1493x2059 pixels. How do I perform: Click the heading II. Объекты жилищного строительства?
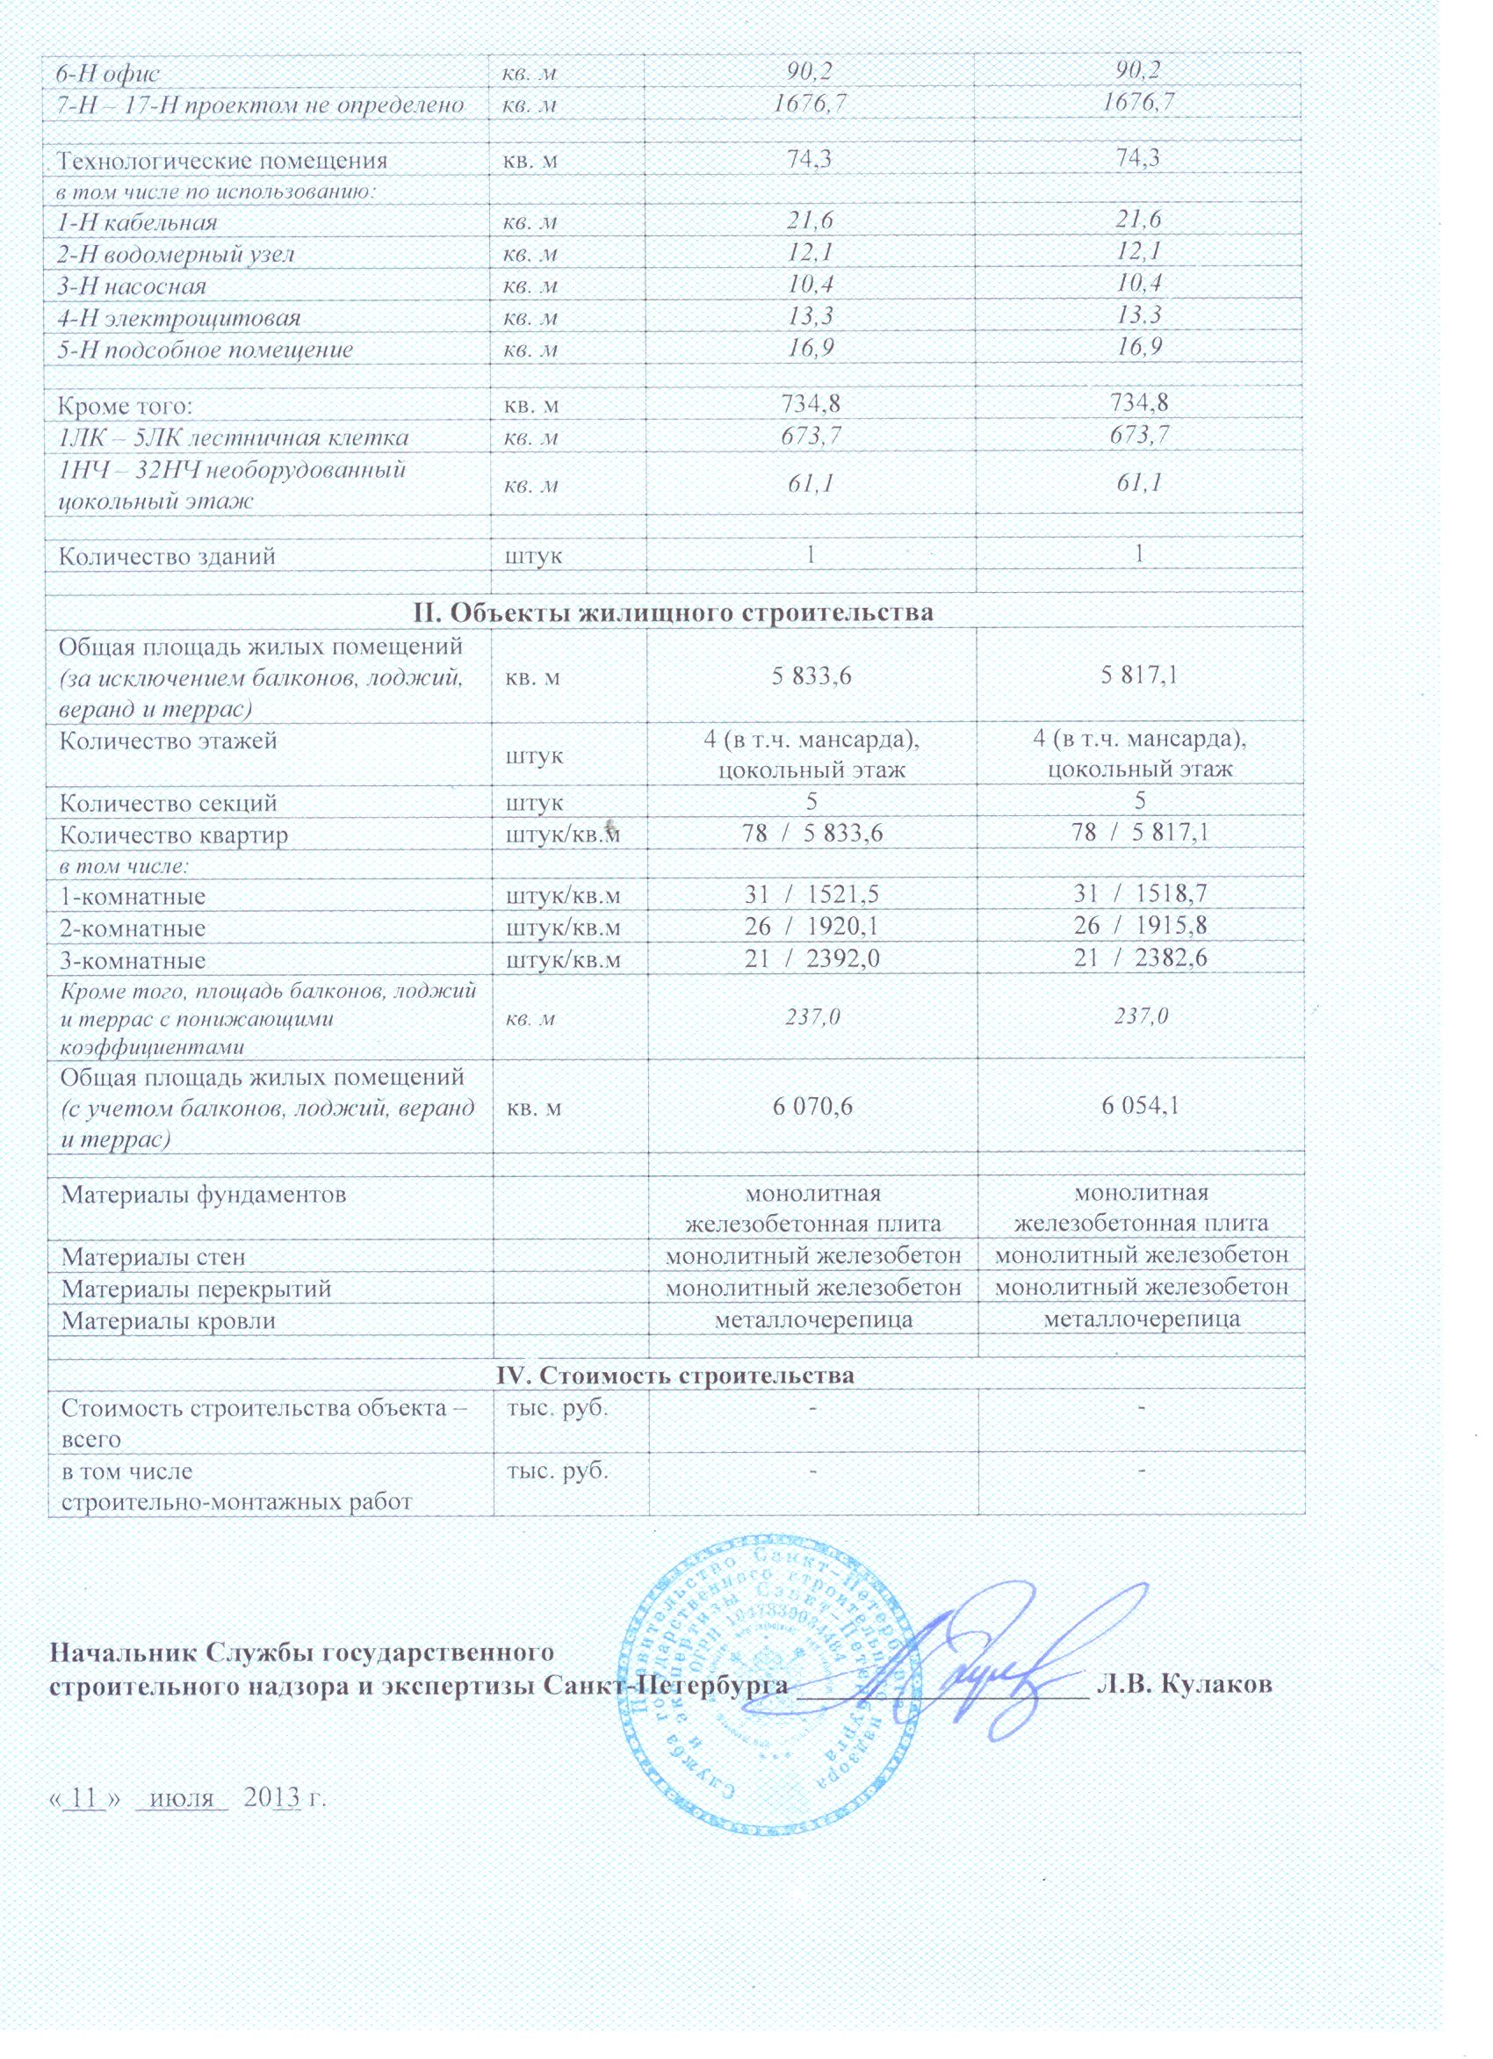click(x=674, y=612)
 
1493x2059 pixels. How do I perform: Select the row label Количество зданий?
click(x=167, y=556)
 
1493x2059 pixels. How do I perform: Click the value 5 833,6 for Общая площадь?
click(x=813, y=676)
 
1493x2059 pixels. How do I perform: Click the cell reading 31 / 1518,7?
click(x=1140, y=897)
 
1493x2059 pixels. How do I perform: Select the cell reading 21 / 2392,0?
click(x=812, y=960)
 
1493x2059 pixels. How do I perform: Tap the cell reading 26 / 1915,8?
click(x=1140, y=928)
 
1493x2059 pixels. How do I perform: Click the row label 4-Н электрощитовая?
click(x=178, y=319)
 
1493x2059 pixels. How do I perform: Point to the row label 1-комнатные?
click(x=133, y=897)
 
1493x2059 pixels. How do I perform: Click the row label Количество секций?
click(x=169, y=804)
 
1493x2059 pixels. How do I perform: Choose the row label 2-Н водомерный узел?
click(x=175, y=255)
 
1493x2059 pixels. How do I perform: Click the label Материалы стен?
click(x=154, y=1257)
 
